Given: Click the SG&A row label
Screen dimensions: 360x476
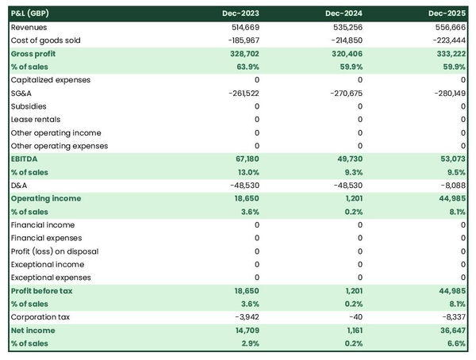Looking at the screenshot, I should (21, 93).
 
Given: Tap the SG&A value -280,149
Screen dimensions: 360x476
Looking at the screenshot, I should (448, 93).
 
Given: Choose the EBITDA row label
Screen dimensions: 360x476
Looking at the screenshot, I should (25, 159).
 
